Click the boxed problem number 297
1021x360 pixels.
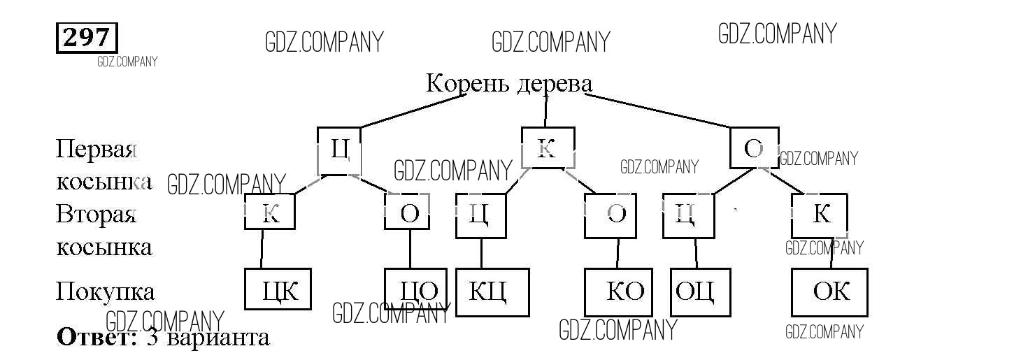pos(87,38)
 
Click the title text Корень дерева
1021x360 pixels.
pos(509,84)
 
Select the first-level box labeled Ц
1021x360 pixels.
pos(339,149)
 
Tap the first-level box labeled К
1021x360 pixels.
pos(548,147)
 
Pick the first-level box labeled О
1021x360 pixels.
pos(754,148)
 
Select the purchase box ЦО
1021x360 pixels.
pos(416,290)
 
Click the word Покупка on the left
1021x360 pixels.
pos(105,291)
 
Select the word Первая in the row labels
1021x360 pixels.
pos(94,149)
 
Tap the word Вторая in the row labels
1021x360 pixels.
pos(96,214)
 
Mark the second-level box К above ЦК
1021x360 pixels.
pos(269,213)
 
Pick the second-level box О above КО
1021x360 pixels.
pos(616,214)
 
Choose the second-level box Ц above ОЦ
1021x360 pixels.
pos(689,215)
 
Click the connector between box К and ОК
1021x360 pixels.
pos(832,253)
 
